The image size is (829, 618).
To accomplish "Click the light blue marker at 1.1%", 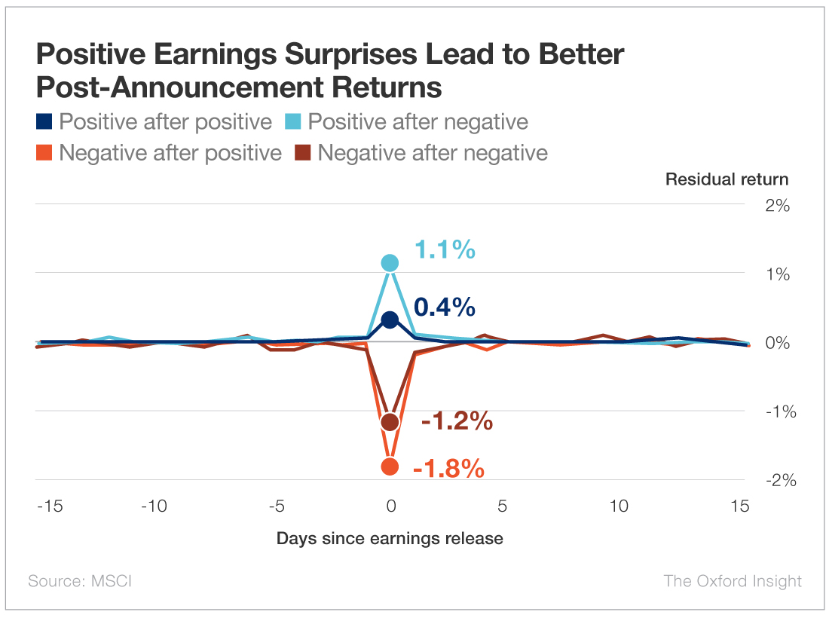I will [390, 263].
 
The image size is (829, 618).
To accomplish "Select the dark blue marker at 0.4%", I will [390, 320].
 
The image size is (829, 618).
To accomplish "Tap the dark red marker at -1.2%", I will [390, 422].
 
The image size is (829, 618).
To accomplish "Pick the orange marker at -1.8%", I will [390, 467].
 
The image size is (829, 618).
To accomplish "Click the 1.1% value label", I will [445, 249].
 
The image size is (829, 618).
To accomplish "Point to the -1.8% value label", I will [448, 469].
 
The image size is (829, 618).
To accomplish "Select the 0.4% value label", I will [445, 307].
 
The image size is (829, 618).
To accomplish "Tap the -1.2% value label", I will [457, 421].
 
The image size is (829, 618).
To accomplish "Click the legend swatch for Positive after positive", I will [44, 122].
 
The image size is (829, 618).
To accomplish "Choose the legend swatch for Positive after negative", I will [295, 122].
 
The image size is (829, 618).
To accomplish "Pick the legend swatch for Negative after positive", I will [44, 153].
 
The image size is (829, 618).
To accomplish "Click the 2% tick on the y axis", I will [777, 205].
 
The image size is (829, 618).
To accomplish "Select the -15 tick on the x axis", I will [50, 506].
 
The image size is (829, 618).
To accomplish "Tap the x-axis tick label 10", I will [619, 506].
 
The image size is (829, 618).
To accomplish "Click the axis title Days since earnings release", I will [390, 538].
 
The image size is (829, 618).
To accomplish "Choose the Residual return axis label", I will [727, 179].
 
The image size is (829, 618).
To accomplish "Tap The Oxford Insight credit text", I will [733, 581].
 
